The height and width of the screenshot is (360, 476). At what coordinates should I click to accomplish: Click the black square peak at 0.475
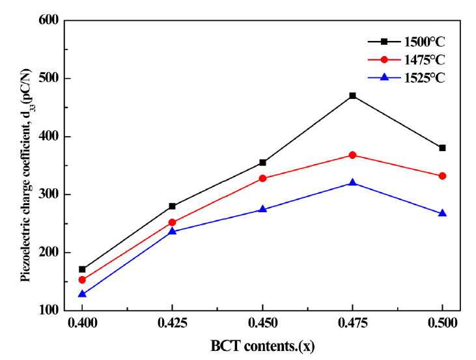(x=352, y=96)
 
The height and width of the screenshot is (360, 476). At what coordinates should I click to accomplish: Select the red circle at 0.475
(x=352, y=155)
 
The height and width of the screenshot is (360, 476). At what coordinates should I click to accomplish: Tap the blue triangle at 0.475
(x=352, y=183)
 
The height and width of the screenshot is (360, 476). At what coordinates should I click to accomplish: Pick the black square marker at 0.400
(x=82, y=269)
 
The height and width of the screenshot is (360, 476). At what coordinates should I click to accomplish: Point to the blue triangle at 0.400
(x=82, y=294)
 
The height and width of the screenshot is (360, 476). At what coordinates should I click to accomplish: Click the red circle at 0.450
(x=262, y=178)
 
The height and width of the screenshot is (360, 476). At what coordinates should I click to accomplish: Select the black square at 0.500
(x=442, y=148)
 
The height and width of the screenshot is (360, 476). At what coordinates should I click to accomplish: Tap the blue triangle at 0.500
(x=442, y=213)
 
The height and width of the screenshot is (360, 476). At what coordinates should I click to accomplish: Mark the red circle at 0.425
(x=172, y=222)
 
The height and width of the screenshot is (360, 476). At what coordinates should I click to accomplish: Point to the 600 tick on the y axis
(x=48, y=21)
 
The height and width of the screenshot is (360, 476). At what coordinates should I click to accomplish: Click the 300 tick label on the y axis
(x=48, y=195)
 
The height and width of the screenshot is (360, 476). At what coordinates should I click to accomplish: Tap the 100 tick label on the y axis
(x=48, y=311)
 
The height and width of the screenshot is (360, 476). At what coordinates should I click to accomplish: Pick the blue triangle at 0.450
(x=262, y=210)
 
